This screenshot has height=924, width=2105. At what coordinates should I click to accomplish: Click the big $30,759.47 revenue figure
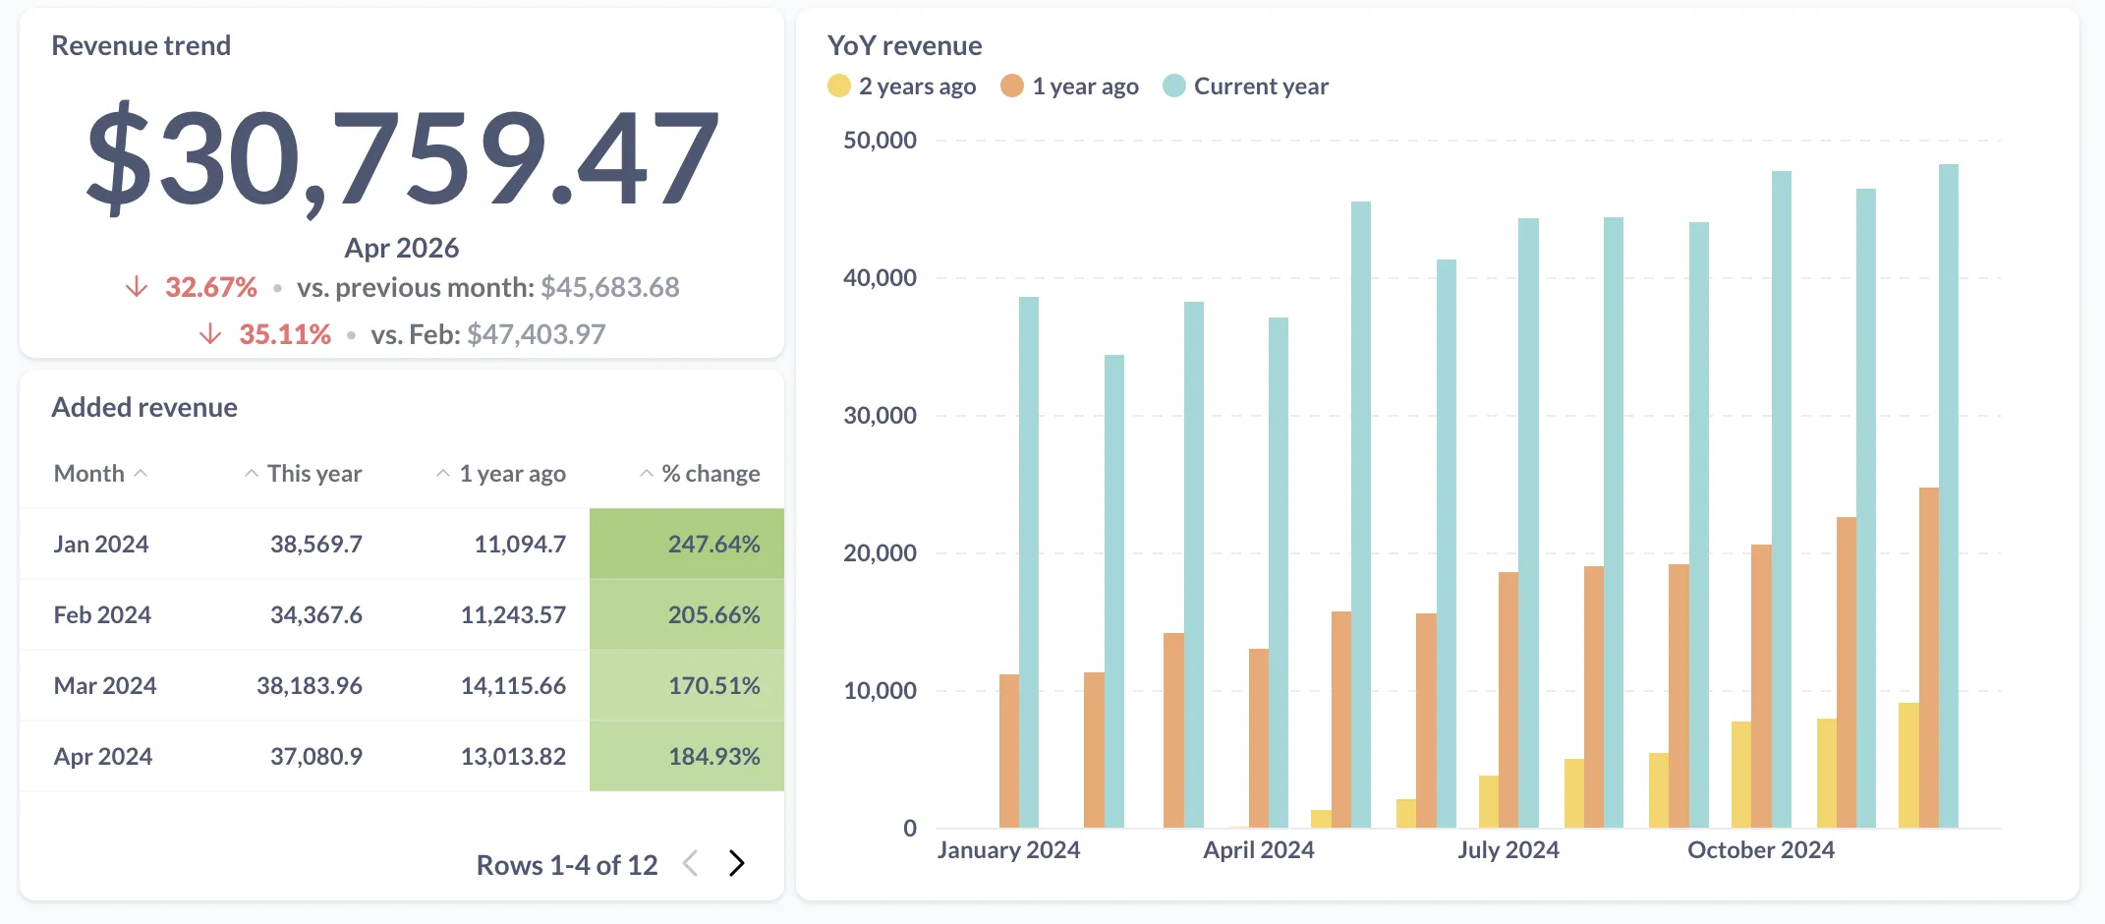point(403,157)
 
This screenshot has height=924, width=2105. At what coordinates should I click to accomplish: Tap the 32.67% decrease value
point(210,287)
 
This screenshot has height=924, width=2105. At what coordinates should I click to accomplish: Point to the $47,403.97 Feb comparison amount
point(536,334)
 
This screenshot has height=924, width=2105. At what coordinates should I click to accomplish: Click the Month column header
point(89,474)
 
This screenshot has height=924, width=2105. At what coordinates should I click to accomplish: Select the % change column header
point(711,474)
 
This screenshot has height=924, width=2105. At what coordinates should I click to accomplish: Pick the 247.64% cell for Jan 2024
point(713,545)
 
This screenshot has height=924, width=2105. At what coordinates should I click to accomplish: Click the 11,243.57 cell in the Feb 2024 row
point(513,615)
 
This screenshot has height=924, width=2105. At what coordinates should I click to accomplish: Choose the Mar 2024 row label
point(105,686)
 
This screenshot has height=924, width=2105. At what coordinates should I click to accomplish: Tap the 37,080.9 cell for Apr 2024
point(315,757)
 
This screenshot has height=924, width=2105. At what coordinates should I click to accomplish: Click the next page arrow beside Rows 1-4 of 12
point(737,864)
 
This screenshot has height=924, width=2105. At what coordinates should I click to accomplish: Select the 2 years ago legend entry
point(902,87)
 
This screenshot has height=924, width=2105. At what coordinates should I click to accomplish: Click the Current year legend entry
point(1245,87)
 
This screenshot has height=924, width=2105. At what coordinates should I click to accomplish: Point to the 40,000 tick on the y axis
point(880,278)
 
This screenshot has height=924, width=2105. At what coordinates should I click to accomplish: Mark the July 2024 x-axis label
point(1508,850)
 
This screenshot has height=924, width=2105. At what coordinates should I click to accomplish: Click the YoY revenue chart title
point(904,46)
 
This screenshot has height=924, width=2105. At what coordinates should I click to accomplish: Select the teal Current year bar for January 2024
point(1029,560)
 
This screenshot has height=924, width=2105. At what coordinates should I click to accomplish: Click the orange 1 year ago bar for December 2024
point(1928,659)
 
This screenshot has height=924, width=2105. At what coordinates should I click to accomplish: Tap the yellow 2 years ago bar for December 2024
point(1907,767)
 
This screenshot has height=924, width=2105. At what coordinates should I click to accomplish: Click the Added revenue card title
point(144,408)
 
